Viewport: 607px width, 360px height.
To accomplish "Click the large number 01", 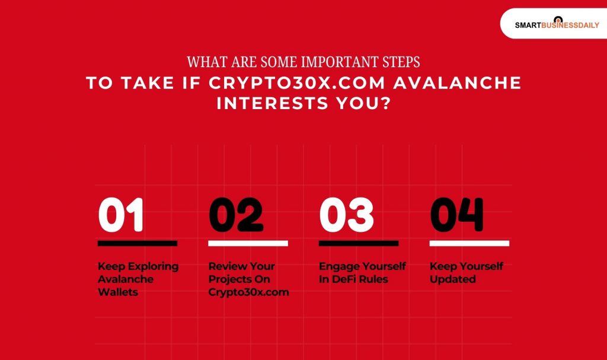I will (121, 215).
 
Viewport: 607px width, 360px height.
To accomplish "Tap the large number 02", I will (236, 215).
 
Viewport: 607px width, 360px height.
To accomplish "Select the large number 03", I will (347, 215).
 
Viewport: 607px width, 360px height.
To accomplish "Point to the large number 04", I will (456, 215).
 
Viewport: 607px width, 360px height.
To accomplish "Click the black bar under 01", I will (138, 243).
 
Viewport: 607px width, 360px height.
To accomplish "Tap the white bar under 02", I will (248, 243).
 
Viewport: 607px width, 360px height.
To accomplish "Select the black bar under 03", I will (359, 243).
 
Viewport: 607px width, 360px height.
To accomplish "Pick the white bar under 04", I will (469, 243).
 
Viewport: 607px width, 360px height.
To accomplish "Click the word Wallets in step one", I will (118, 292).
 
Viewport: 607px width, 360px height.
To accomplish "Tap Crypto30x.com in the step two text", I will (248, 292).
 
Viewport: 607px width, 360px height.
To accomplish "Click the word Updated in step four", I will (453, 279).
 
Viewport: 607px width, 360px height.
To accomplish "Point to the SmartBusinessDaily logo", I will (556, 25).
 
